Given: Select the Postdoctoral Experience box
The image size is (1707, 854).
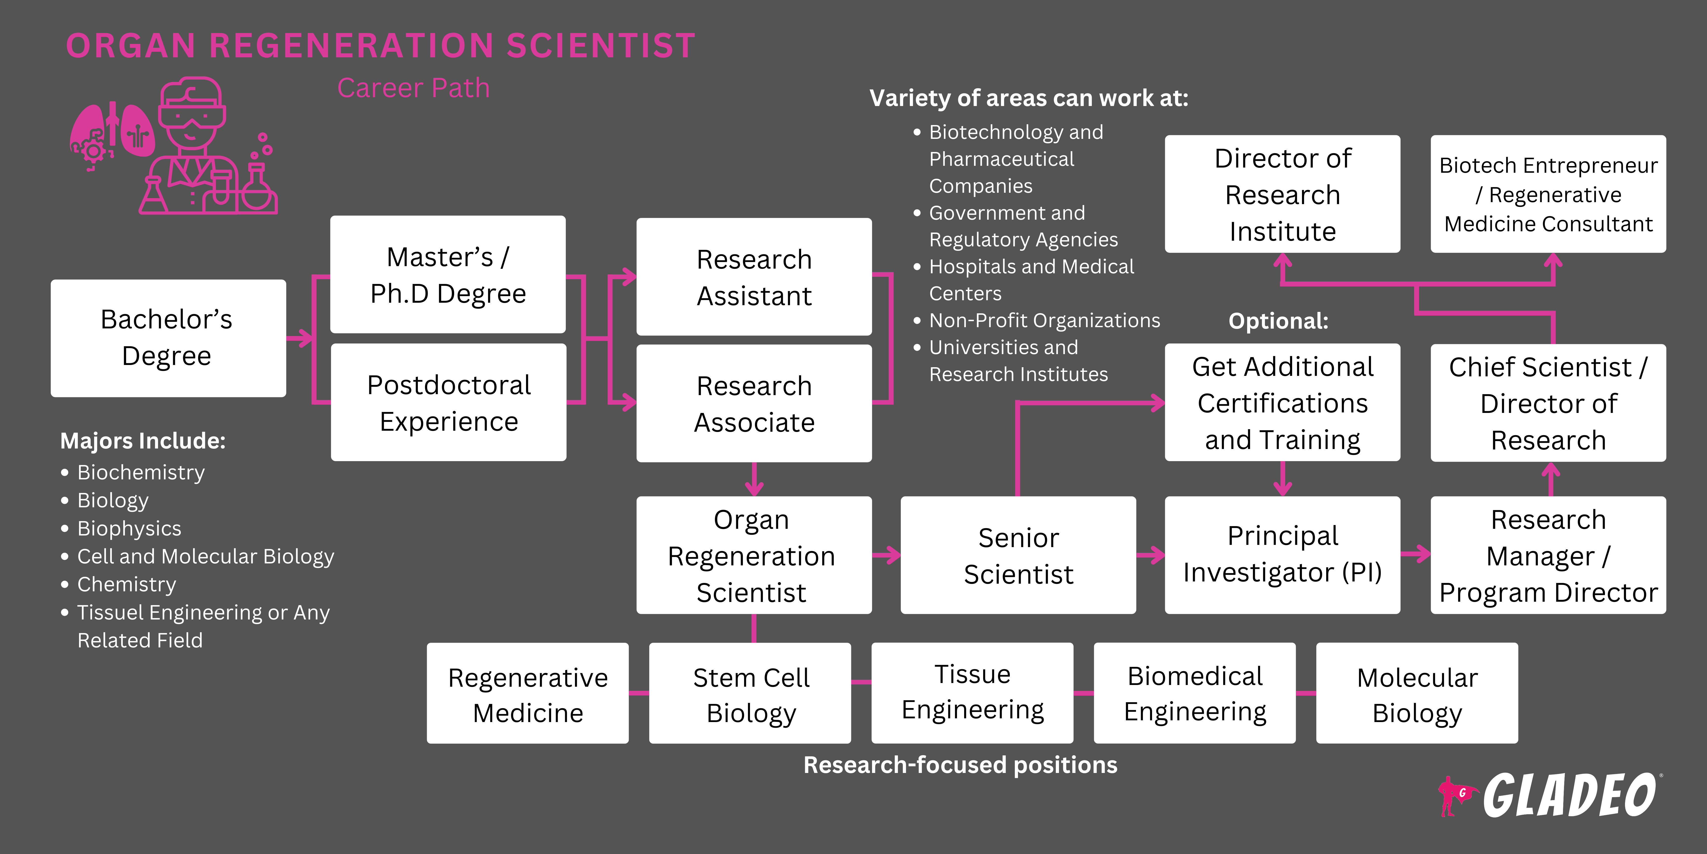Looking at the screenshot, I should click(x=449, y=403).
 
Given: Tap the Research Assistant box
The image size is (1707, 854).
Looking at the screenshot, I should click(x=754, y=277).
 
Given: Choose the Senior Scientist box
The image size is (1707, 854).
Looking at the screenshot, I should click(x=1018, y=556).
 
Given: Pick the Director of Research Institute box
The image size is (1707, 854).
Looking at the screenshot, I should click(x=1282, y=194).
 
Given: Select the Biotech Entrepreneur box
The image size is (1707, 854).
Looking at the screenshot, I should click(x=1548, y=194).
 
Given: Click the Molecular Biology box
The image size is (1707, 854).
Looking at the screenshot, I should click(x=1417, y=694).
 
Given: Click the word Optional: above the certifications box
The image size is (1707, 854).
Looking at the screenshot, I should click(x=1278, y=321).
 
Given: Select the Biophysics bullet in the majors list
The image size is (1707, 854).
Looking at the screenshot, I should click(x=129, y=529).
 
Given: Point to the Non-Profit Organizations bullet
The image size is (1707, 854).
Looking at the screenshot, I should click(x=1044, y=320).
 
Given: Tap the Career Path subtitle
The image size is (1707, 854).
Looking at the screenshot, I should click(x=413, y=88).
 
